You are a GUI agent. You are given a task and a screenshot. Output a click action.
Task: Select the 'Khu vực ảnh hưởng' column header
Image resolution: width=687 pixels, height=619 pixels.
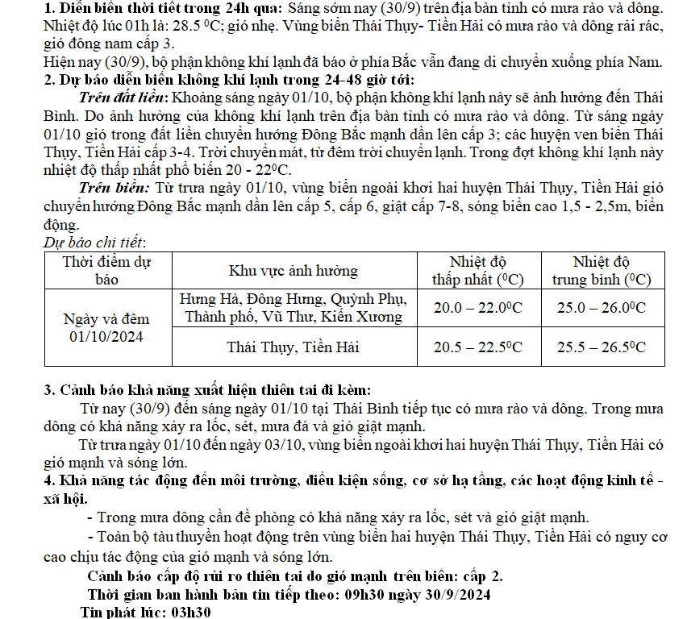coord(294,270)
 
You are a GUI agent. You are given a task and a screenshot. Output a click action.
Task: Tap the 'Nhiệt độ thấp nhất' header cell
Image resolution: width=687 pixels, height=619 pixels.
coord(478,270)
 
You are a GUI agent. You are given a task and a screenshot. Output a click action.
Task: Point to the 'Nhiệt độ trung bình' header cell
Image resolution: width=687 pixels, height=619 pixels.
coord(602,270)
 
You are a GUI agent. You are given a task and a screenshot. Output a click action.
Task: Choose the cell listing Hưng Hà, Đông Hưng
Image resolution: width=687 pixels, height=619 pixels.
coord(294,307)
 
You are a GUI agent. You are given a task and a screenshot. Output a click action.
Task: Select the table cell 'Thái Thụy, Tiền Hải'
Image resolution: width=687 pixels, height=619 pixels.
coord(294,347)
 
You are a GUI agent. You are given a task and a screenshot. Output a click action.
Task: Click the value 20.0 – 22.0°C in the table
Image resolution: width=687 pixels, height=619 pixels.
coord(478,307)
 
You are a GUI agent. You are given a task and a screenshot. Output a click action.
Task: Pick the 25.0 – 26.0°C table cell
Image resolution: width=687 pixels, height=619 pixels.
coord(602,307)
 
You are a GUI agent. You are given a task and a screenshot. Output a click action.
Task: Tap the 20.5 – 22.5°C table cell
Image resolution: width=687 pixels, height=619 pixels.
coord(478,347)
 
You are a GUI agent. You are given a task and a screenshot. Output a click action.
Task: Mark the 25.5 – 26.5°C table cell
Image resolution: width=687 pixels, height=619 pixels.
coord(602,347)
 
